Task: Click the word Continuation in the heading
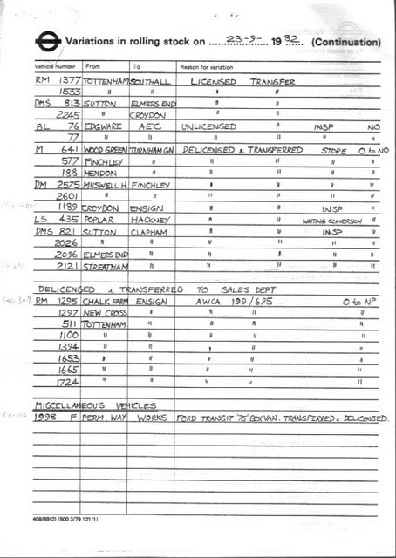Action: pyautogui.click(x=345, y=42)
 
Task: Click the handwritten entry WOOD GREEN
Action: pyautogui.click(x=105, y=149)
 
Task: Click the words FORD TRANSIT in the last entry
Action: pyautogui.click(x=205, y=418)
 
